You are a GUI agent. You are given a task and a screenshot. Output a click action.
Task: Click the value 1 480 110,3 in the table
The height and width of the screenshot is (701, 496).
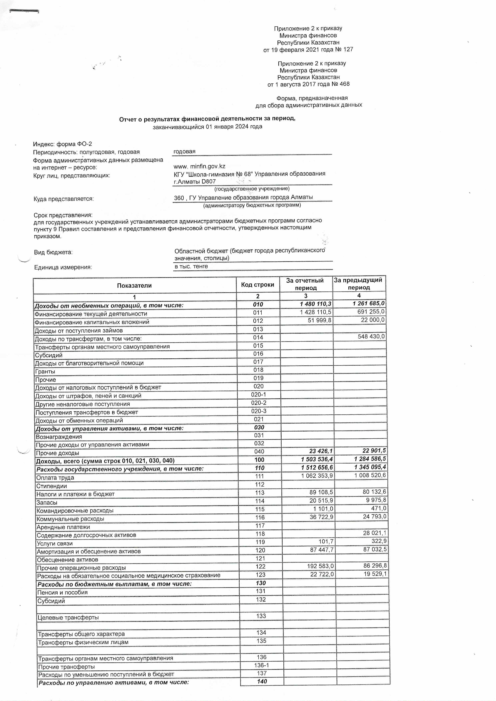click(315, 304)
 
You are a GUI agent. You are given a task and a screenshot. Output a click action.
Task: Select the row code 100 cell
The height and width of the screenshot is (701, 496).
click(259, 460)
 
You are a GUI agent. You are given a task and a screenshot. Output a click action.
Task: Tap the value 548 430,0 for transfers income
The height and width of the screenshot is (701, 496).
click(371, 336)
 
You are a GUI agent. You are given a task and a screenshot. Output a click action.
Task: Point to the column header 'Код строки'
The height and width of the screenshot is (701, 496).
click(257, 285)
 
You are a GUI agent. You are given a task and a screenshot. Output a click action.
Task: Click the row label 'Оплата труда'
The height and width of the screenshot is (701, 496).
click(55, 478)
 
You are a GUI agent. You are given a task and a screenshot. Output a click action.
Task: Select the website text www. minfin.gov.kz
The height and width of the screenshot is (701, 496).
click(199, 166)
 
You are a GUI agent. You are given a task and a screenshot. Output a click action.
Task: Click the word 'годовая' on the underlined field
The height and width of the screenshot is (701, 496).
click(184, 152)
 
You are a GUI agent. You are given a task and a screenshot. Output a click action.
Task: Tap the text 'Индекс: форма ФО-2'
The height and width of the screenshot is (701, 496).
click(62, 144)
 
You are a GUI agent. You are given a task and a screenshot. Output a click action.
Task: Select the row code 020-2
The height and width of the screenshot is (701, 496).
click(258, 403)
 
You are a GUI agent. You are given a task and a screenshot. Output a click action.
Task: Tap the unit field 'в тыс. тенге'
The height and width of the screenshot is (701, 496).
click(191, 266)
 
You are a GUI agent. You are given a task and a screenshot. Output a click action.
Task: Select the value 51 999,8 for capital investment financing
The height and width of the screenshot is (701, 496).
click(319, 320)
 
